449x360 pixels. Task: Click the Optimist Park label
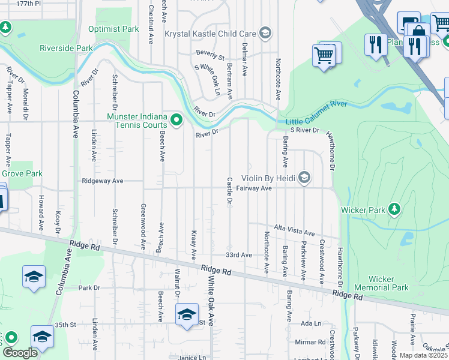pyautogui.click(x=113, y=29)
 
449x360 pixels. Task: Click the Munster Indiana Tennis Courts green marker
pyautogui.click(x=176, y=121)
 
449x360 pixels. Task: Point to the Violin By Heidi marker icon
pyautogui.click(x=305, y=178)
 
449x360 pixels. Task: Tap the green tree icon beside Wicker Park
pyautogui.click(x=394, y=209)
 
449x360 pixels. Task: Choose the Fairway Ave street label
pyautogui.click(x=255, y=188)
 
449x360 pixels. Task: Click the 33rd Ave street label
pyautogui.click(x=239, y=255)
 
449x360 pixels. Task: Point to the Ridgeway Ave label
pyautogui.click(x=102, y=181)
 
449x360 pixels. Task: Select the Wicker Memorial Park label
pyautogui.click(x=381, y=283)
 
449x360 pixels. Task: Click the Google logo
pyautogui.click(x=20, y=353)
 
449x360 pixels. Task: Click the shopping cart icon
pyautogui.click(x=324, y=56)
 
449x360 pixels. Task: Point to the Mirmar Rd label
pyautogui.click(x=310, y=342)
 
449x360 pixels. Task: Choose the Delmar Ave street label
pyautogui.click(x=244, y=59)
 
